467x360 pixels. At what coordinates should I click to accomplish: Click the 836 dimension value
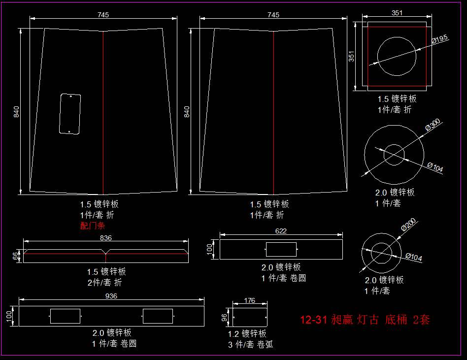(106, 238)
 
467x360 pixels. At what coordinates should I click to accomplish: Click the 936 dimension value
(111, 296)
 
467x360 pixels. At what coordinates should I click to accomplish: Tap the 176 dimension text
(250, 300)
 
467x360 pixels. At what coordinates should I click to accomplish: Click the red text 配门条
(93, 226)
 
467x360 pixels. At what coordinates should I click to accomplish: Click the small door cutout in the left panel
(69, 114)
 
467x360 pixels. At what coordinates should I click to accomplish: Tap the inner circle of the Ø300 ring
(394, 155)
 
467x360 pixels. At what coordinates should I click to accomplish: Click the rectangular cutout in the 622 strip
(281, 250)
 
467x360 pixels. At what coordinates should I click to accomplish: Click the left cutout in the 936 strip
(65, 316)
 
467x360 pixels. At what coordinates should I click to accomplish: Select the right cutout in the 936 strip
(158, 316)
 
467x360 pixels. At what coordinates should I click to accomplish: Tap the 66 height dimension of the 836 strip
(15, 256)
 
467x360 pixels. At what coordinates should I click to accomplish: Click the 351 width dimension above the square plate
(397, 13)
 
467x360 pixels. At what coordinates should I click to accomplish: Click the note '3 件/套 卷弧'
(250, 345)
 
